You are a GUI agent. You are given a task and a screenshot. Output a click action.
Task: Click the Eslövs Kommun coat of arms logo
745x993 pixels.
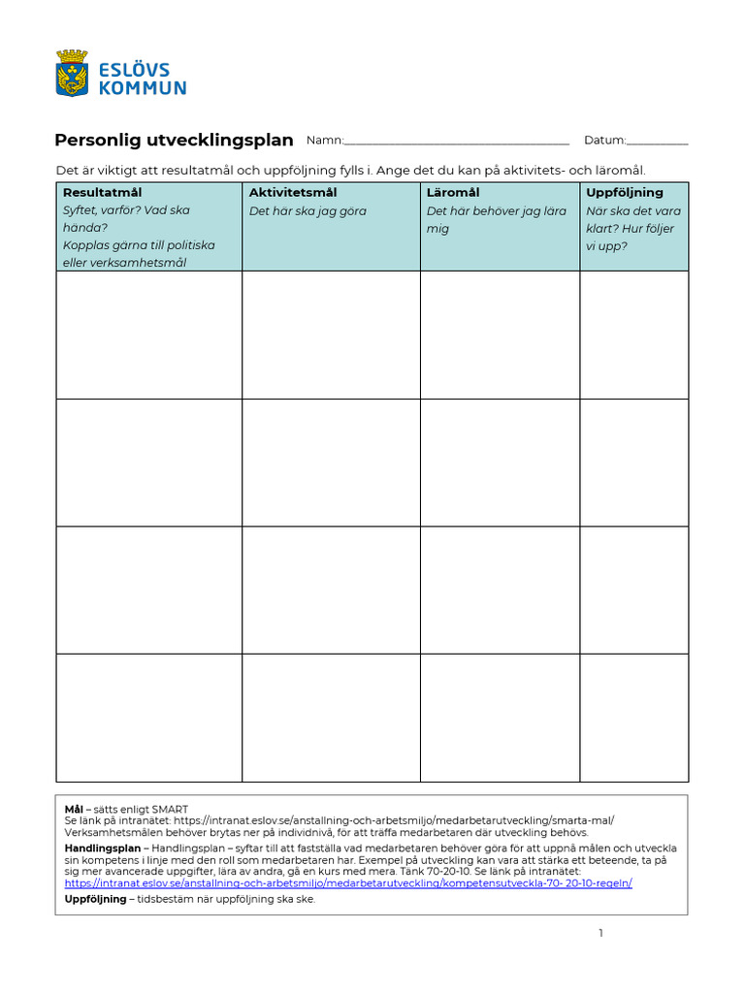point(73,74)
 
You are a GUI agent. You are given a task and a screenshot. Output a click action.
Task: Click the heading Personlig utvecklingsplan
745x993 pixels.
point(174,140)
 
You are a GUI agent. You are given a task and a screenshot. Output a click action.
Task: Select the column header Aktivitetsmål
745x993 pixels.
point(293,192)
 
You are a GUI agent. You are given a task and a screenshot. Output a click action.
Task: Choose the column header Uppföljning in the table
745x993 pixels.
point(624,192)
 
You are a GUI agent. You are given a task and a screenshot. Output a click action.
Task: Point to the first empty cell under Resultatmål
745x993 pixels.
point(148,335)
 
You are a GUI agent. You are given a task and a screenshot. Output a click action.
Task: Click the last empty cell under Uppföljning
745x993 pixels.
point(634,718)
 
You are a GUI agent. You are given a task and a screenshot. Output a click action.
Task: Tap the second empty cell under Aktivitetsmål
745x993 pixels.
point(331,463)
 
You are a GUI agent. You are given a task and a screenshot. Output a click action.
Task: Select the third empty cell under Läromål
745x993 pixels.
point(500,590)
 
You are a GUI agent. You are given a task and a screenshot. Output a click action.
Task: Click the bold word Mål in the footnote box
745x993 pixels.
point(74,809)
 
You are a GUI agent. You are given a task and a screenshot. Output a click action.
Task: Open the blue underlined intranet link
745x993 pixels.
point(348,883)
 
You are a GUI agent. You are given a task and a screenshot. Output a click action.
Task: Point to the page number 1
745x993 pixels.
point(601,933)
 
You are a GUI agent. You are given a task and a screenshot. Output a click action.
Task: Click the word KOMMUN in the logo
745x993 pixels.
point(144,88)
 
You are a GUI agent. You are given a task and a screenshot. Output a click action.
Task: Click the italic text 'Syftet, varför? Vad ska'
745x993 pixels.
point(126,210)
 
